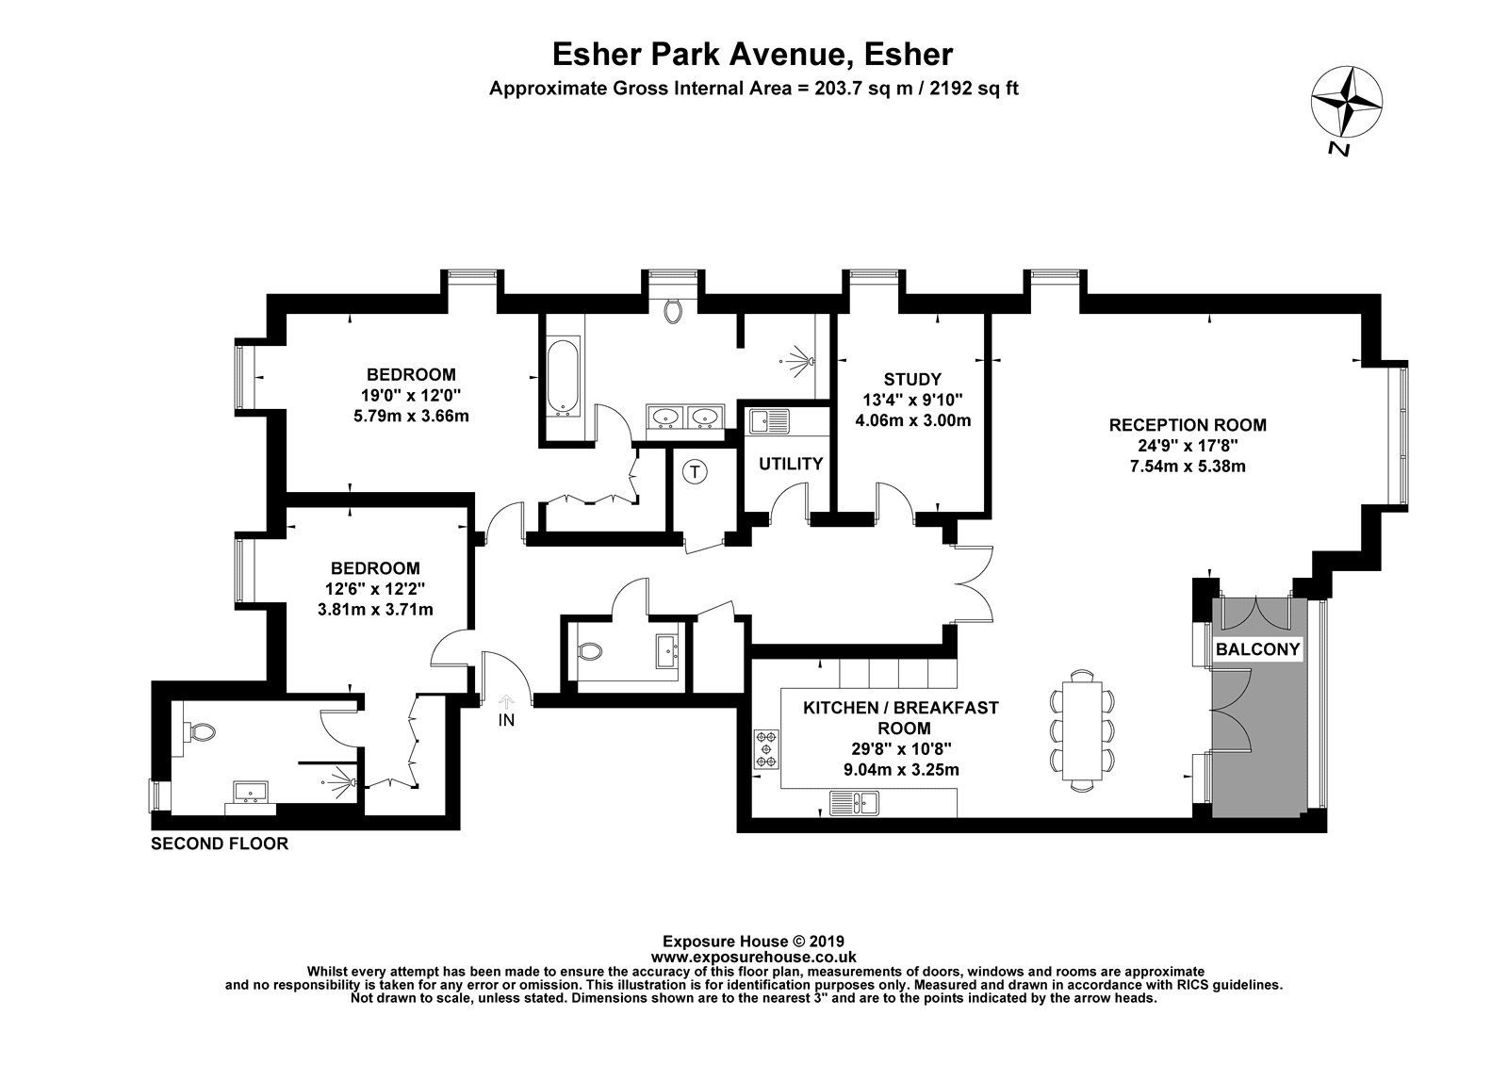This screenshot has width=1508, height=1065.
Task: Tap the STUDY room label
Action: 912,379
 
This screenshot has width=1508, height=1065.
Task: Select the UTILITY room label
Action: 791,464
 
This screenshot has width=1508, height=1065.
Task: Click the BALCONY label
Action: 1257,649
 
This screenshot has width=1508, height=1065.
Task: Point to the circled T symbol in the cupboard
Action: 695,471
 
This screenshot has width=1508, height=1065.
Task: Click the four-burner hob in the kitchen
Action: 765,746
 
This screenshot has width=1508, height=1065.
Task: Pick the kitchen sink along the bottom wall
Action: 854,803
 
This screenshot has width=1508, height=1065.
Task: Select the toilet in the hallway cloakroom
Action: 591,651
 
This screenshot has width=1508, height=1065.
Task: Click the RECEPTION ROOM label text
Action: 1187,425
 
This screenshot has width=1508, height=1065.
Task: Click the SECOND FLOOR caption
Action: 220,844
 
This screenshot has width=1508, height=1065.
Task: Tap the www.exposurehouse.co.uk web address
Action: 753,955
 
